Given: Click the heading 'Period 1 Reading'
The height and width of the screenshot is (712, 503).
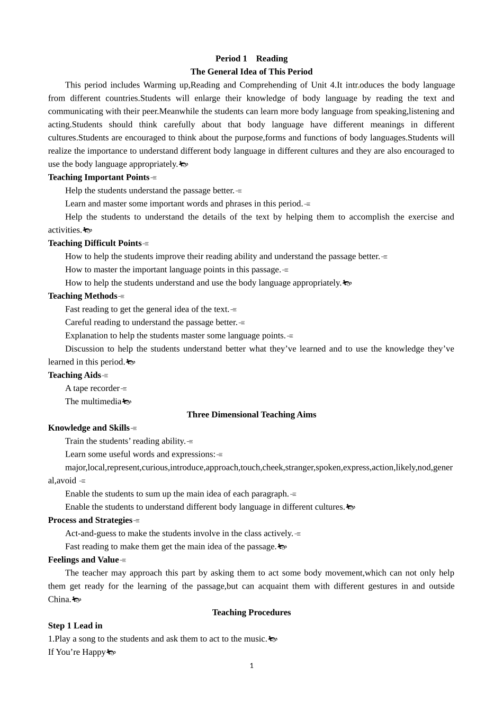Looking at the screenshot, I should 251,59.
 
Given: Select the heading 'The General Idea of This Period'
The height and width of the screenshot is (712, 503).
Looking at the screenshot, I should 251,72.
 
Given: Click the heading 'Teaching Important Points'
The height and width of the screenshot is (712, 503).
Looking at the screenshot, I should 98,177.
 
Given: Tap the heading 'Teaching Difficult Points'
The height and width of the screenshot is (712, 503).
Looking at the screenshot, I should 95,243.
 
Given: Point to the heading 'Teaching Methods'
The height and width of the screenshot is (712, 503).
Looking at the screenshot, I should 83,296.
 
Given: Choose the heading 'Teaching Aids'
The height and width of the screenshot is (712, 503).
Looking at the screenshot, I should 74,375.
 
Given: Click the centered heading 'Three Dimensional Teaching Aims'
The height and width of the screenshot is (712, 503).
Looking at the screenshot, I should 251,415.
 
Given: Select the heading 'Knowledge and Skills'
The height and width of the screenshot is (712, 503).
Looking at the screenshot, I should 88,428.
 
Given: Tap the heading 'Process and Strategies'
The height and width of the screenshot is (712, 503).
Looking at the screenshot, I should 90,520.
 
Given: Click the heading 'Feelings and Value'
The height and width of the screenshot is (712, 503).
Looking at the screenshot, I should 83,560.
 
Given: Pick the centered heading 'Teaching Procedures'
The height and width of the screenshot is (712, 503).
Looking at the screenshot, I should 251,612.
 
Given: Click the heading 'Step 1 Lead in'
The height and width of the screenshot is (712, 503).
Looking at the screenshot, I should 75,626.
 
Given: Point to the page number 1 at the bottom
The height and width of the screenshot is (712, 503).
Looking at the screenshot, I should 251,666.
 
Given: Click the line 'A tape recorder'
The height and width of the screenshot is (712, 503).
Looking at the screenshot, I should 92,388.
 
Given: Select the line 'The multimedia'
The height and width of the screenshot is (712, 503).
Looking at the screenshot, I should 93,402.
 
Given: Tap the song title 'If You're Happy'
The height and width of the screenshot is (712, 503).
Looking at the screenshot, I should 77,652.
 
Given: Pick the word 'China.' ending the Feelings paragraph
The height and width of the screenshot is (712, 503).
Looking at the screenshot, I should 59,599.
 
